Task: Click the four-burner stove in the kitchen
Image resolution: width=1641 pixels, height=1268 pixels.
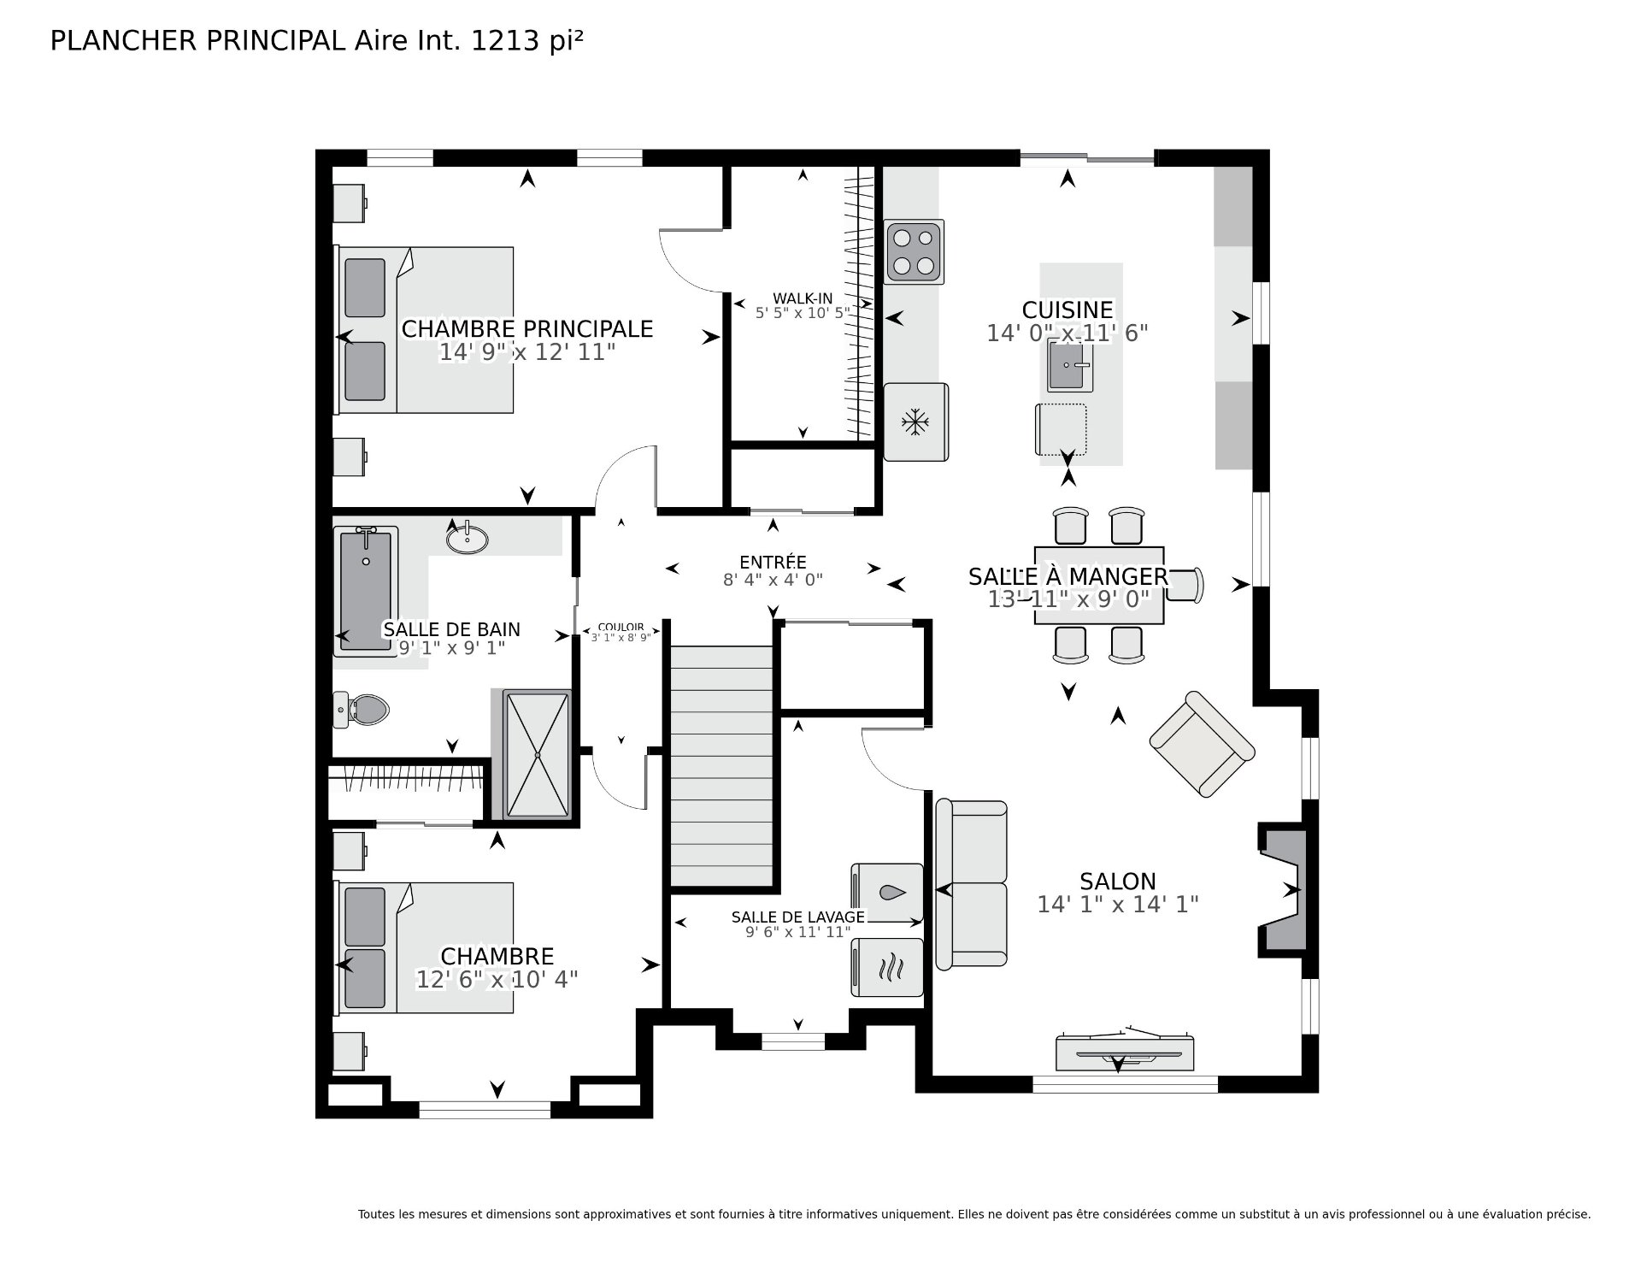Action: coord(914,251)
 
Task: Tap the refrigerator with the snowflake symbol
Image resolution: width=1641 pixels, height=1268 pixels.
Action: coord(915,422)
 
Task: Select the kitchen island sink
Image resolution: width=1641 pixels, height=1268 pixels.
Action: coord(1069,365)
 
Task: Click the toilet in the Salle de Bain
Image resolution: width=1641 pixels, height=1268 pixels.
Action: coord(361,709)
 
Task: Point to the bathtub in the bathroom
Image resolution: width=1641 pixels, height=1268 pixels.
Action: coord(366,591)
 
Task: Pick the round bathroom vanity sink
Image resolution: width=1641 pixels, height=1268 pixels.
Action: coord(468,538)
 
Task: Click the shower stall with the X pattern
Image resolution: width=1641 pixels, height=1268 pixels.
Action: coord(537,755)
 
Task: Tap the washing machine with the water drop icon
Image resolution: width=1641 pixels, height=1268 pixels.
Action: coord(887,893)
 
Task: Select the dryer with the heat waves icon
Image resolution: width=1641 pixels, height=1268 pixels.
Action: coord(887,967)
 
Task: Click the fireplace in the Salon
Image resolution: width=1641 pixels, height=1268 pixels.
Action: coord(1282,889)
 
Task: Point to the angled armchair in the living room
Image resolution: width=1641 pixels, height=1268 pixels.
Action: coord(1202,744)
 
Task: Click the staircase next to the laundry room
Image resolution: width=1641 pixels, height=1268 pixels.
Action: coord(721,766)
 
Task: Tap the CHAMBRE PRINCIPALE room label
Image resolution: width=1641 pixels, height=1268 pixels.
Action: coord(527,329)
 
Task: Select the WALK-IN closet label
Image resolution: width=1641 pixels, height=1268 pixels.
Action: coord(803,298)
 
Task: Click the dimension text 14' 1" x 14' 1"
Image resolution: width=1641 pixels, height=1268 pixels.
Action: coord(1118,904)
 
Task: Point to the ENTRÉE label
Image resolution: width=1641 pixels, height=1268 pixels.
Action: coord(773,563)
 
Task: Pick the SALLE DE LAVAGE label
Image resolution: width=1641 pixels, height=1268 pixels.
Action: coord(798,917)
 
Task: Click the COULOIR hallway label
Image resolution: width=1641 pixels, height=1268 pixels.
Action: coord(621,628)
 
